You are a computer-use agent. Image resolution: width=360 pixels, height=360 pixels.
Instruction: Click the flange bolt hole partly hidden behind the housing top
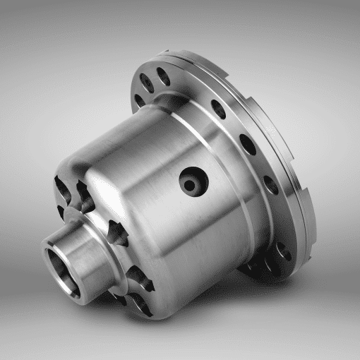point(138,99)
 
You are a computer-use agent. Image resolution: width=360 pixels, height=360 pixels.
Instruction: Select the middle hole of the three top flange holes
point(149,82)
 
